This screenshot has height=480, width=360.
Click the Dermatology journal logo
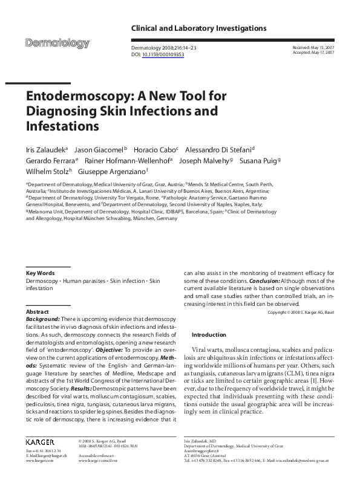pos(57,44)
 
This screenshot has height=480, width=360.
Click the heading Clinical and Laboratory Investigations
pos(198,28)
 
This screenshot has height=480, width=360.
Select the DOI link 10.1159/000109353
pos(163,54)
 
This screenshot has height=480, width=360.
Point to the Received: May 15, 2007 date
pos(313,47)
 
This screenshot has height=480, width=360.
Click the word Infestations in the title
pos(62,126)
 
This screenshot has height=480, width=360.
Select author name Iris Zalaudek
pos(45,149)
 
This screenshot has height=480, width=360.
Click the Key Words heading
pos(41,273)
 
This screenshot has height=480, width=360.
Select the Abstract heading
pos(38,311)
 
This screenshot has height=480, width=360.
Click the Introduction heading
pos(208,334)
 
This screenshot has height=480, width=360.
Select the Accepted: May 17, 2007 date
pos(313,53)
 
